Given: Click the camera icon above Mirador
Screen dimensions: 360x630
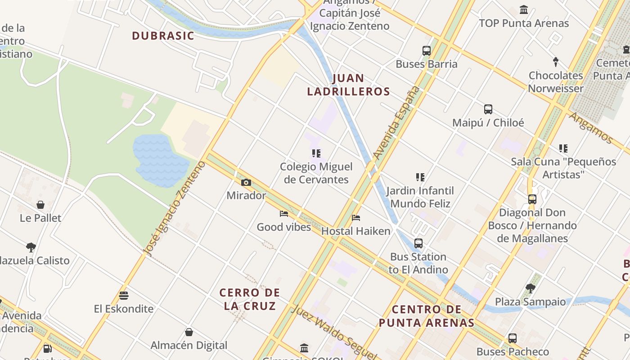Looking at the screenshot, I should [x=246, y=182].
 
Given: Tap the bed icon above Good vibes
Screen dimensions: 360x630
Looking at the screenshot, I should [x=283, y=213].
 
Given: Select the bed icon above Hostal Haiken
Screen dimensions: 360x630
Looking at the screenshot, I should [x=356, y=218].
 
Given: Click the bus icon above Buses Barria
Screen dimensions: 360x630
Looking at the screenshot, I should [x=426, y=51].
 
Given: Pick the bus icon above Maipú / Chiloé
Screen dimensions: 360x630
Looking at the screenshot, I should [x=488, y=109].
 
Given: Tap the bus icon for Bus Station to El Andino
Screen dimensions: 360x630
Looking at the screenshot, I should [x=418, y=243].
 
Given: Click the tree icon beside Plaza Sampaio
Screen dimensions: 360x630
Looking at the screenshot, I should [x=530, y=288].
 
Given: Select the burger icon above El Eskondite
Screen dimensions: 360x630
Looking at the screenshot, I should [x=124, y=296].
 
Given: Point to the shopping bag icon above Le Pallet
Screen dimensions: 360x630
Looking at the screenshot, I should [x=40, y=205].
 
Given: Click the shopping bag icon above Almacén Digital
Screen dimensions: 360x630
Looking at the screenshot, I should [x=189, y=332].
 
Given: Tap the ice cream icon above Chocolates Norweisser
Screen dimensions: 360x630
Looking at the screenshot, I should [x=556, y=62].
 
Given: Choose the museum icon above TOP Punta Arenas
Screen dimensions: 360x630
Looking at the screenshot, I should [x=524, y=10].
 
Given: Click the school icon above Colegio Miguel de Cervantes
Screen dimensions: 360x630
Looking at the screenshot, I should [x=316, y=153].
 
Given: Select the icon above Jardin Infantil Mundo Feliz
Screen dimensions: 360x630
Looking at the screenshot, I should [x=420, y=177].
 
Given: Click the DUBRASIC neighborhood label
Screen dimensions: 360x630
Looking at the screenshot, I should [x=163, y=36].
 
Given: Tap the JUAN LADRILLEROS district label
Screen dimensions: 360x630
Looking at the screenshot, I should [x=348, y=85].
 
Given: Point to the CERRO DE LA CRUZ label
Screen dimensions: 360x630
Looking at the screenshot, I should [x=249, y=299].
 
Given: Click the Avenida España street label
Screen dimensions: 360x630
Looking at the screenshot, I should [x=396, y=122].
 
